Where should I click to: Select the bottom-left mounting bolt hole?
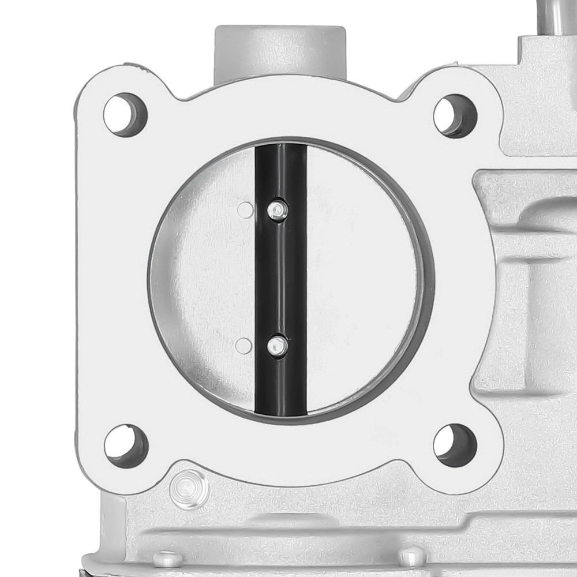point(126,445)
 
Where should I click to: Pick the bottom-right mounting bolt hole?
point(455,445)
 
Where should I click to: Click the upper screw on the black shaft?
point(278,209)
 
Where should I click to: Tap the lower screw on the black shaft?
point(278,346)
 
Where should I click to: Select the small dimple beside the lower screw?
point(244,346)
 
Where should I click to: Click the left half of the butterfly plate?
point(202,277)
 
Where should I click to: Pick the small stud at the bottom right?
point(411,555)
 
